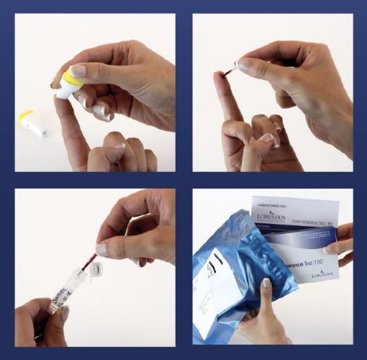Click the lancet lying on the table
point(33,124)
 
